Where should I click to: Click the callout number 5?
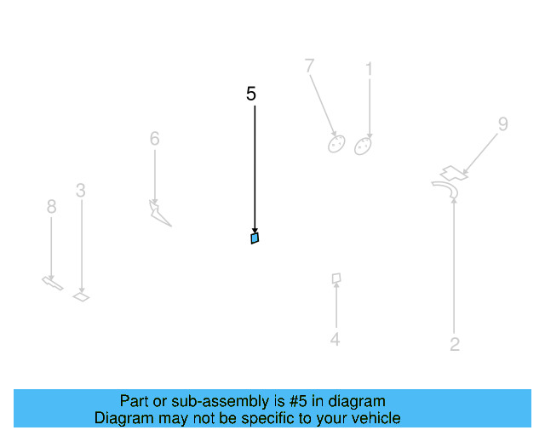pyautogui.click(x=250, y=94)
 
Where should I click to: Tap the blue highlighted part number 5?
pyautogui.click(x=255, y=238)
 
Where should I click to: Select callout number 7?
pyautogui.click(x=309, y=66)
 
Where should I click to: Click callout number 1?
pyautogui.click(x=369, y=68)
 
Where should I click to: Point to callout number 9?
pyautogui.click(x=502, y=124)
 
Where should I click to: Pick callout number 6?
pyautogui.click(x=154, y=138)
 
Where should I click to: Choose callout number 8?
pyautogui.click(x=51, y=206)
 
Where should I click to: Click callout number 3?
pyautogui.click(x=80, y=191)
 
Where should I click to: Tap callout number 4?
pyautogui.click(x=336, y=340)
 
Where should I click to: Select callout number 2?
pyautogui.click(x=455, y=345)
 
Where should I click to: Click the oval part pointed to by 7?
pyautogui.click(x=336, y=143)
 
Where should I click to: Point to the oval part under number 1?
pyautogui.click(x=363, y=146)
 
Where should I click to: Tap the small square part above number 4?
pyautogui.click(x=336, y=278)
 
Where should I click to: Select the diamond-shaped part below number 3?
pyautogui.click(x=81, y=297)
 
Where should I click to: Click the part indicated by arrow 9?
pyautogui.click(x=453, y=172)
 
